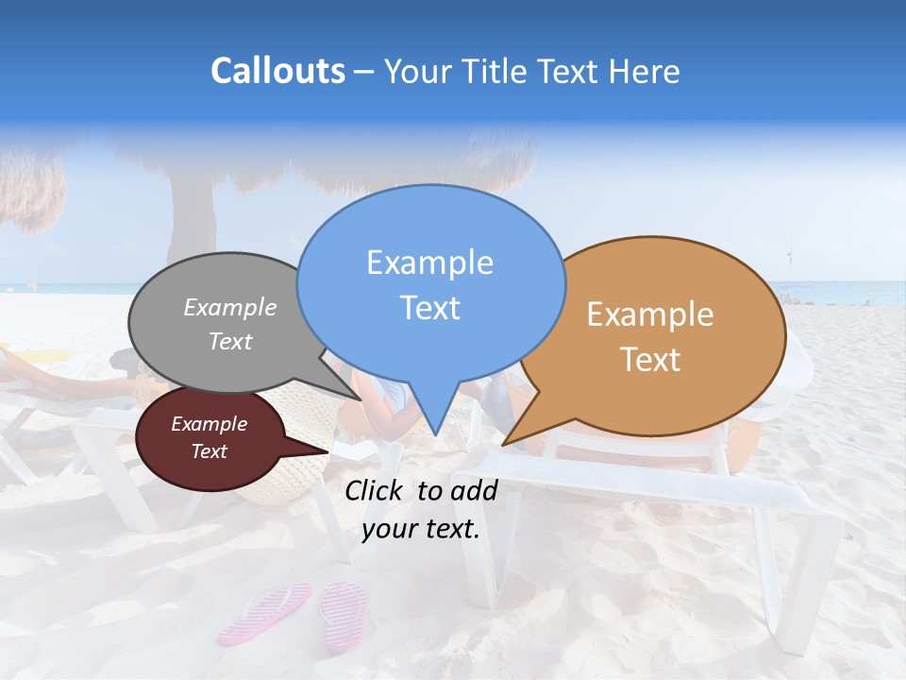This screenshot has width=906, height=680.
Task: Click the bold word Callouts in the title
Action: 277,71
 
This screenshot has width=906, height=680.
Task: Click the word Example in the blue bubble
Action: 429,263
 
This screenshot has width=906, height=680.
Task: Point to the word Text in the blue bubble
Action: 429,308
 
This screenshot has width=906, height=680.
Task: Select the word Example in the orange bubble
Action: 650,314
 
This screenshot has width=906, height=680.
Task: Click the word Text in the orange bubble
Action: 650,360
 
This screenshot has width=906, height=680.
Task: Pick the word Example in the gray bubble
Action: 230,307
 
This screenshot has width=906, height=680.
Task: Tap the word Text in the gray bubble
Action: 230,341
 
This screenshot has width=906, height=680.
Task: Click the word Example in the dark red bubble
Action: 209,424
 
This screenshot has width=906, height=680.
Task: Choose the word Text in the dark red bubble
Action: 209,451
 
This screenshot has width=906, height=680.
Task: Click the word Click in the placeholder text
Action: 376,490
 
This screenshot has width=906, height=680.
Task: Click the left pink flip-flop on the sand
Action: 265,613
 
